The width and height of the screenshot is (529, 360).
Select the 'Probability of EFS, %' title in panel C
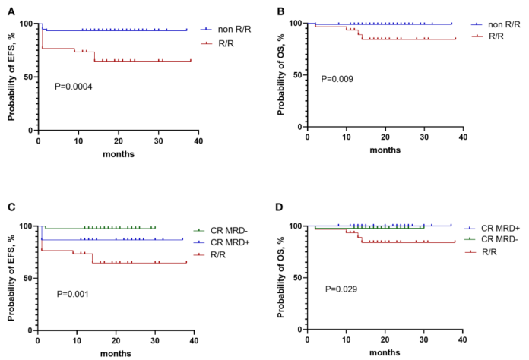12,278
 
